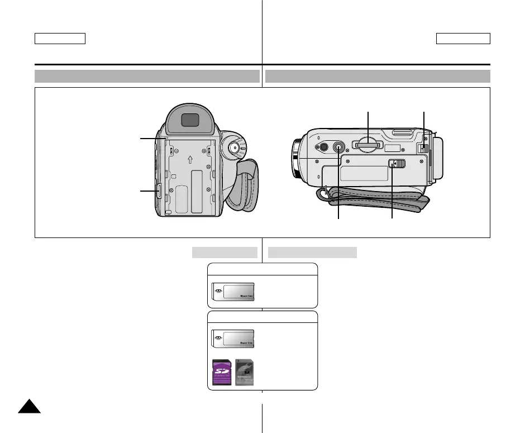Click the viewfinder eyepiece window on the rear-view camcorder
[190, 120]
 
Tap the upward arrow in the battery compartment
[190, 159]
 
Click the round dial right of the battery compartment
[235, 147]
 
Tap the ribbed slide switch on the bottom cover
[397, 164]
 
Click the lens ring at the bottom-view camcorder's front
[296, 160]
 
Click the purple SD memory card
[223, 372]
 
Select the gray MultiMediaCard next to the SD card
[245, 372]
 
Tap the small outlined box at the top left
[60, 38]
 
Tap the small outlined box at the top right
[463, 38]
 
